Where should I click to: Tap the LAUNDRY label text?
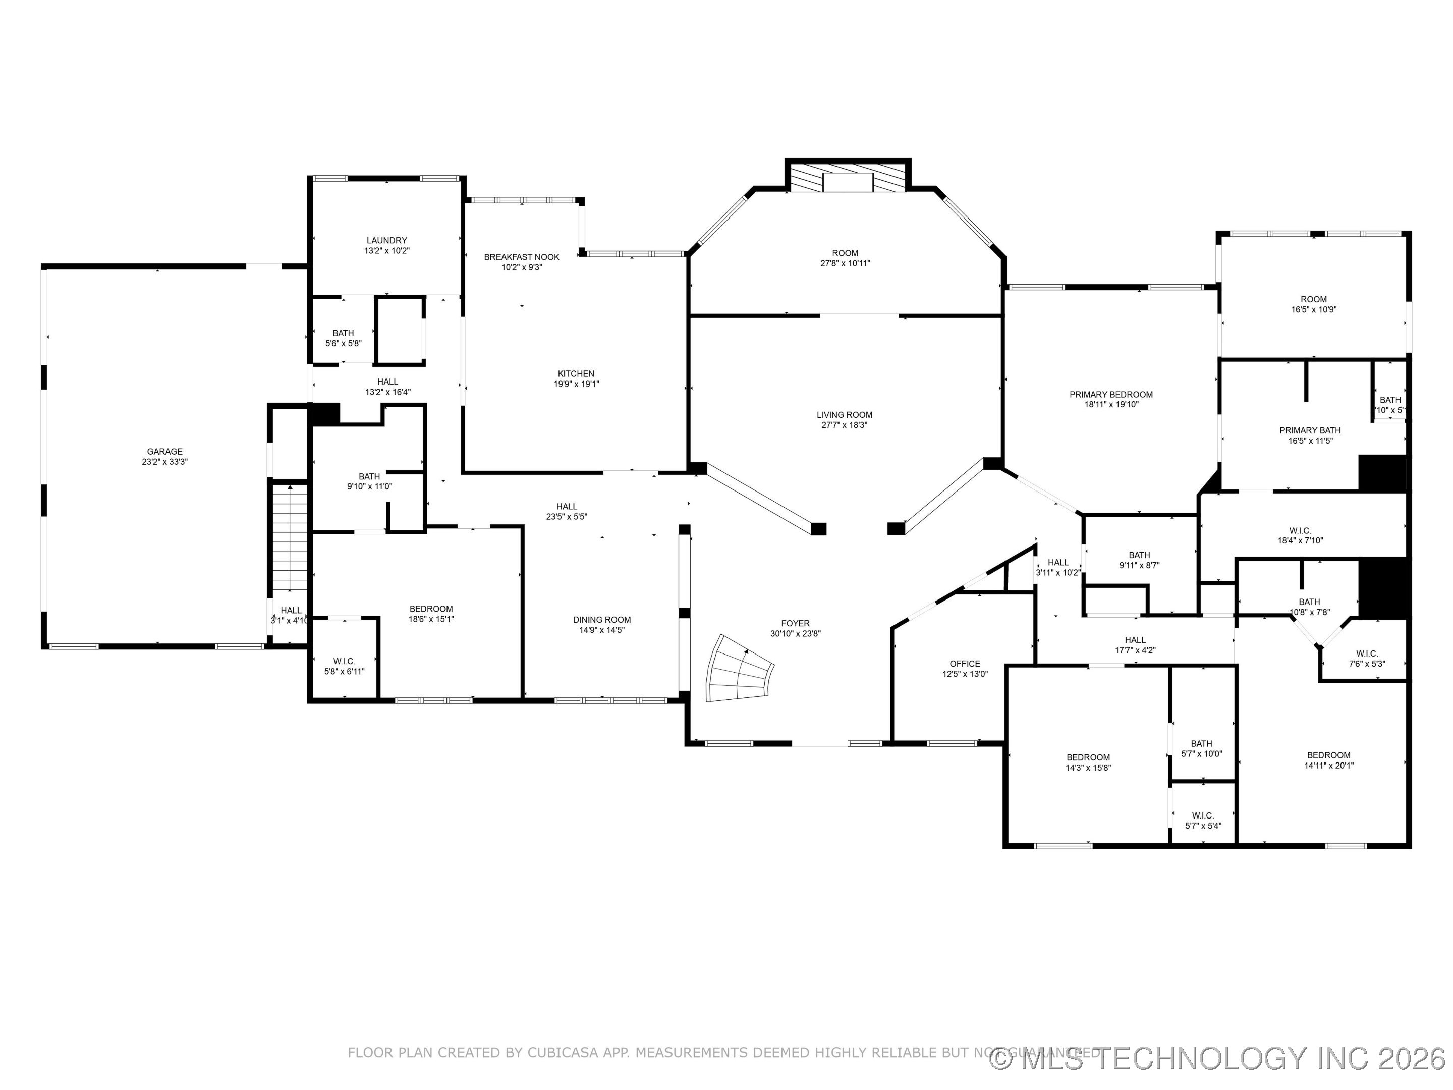click(386, 241)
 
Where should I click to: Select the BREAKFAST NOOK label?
click(522, 257)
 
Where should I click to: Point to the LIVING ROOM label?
click(844, 415)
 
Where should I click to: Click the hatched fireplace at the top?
click(848, 178)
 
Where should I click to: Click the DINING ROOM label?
click(602, 620)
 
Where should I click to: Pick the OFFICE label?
click(964, 664)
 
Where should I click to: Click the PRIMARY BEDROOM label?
click(1111, 394)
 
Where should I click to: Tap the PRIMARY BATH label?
click(1310, 430)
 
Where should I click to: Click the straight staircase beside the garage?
click(290, 539)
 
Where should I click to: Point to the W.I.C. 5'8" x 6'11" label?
click(344, 666)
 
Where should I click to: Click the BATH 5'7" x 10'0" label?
click(1201, 749)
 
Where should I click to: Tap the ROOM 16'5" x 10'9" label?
click(1313, 304)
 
